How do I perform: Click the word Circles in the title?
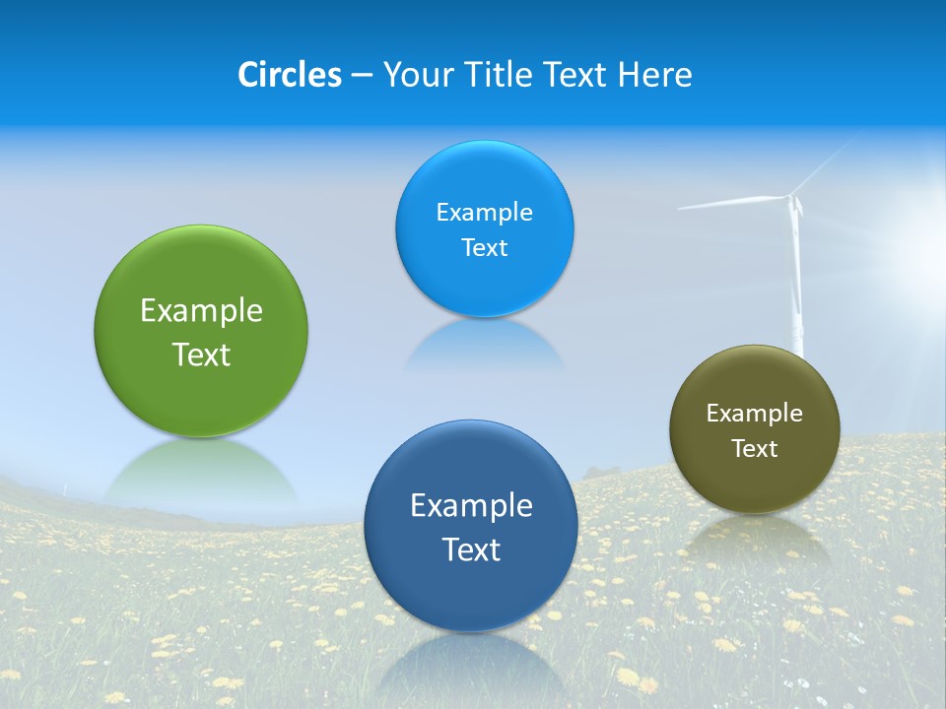pos(289,75)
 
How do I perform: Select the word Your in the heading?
pos(418,75)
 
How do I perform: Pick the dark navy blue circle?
pos(471,591)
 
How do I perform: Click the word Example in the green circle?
pos(201,311)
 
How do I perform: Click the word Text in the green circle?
pos(201,354)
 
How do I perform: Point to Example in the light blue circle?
pos(484,213)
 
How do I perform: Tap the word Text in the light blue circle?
pos(484,247)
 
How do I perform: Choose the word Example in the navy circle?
pos(471,506)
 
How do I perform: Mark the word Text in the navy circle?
pos(471,549)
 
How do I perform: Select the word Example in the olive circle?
pos(755,414)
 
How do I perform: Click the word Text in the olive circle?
pos(755,449)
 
